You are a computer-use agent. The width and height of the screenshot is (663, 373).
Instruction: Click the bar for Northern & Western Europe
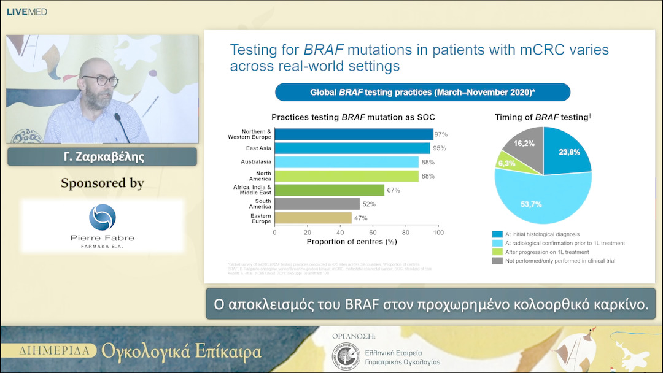(x=354, y=134)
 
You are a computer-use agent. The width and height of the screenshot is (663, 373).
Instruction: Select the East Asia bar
(x=352, y=148)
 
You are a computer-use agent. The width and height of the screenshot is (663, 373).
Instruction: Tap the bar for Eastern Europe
(x=313, y=218)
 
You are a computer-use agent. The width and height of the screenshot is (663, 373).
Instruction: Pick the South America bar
(x=317, y=204)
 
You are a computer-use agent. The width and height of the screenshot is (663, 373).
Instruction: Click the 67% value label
(x=394, y=190)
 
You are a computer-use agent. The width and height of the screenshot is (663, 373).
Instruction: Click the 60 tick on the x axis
(x=373, y=233)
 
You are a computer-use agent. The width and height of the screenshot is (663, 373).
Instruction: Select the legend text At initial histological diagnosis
(x=542, y=234)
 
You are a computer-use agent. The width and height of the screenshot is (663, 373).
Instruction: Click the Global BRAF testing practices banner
(x=422, y=92)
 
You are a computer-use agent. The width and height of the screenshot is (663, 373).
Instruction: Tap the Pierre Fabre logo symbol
(x=102, y=217)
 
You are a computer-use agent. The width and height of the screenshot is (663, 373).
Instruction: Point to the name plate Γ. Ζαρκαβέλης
(x=102, y=156)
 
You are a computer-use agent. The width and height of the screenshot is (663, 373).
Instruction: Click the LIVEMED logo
(x=26, y=12)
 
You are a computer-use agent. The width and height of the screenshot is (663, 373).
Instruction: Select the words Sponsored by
(x=102, y=183)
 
